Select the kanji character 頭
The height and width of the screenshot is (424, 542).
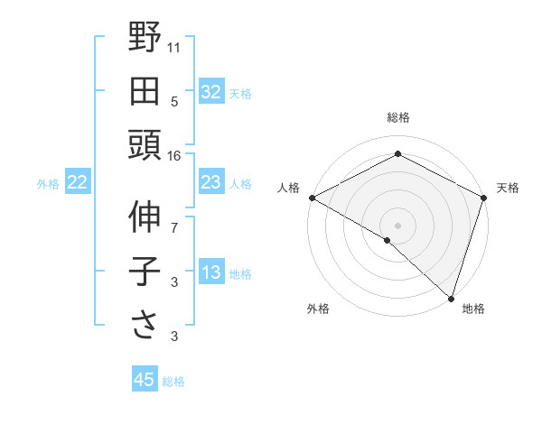[145, 144]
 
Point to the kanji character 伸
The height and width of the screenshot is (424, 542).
[145, 217]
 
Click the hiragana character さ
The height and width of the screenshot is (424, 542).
[145, 324]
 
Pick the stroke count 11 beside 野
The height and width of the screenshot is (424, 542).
[174, 47]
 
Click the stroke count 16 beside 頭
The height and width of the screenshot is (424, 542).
[174, 156]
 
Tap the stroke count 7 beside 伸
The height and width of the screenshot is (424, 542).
[174, 228]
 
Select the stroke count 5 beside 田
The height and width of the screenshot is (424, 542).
[174, 101]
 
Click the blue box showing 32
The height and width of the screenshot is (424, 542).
[210, 91]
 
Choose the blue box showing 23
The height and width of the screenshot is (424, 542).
[210, 183]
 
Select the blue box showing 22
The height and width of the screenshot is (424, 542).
[77, 183]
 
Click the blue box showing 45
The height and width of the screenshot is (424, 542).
[145, 380]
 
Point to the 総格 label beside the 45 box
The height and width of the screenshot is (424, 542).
[173, 382]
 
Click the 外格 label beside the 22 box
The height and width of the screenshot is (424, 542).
[48, 184]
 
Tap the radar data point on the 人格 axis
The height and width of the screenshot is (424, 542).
[312, 198]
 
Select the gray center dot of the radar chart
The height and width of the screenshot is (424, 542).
[397, 225]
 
